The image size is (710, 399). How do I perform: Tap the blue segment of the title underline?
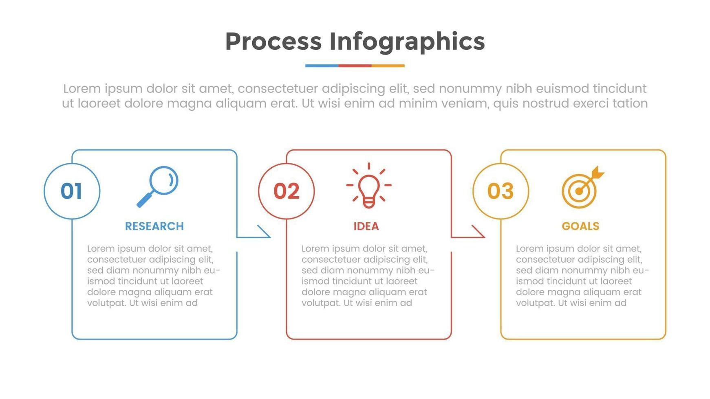click(x=322, y=66)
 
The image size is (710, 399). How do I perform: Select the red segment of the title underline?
click(x=355, y=66)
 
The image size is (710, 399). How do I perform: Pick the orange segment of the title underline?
click(x=388, y=66)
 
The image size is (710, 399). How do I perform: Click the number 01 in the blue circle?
click(x=72, y=191)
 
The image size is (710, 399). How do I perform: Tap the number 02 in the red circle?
click(x=286, y=191)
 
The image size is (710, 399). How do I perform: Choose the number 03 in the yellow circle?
click(x=501, y=191)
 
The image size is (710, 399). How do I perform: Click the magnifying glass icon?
click(x=158, y=186)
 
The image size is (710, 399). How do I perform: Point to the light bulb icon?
click(x=369, y=186)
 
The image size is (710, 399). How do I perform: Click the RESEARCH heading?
click(x=154, y=226)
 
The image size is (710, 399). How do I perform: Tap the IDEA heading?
click(x=366, y=226)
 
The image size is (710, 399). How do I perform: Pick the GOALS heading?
click(x=580, y=226)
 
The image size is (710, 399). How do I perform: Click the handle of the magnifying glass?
click(x=144, y=200)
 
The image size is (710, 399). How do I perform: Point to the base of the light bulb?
click(x=369, y=203)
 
